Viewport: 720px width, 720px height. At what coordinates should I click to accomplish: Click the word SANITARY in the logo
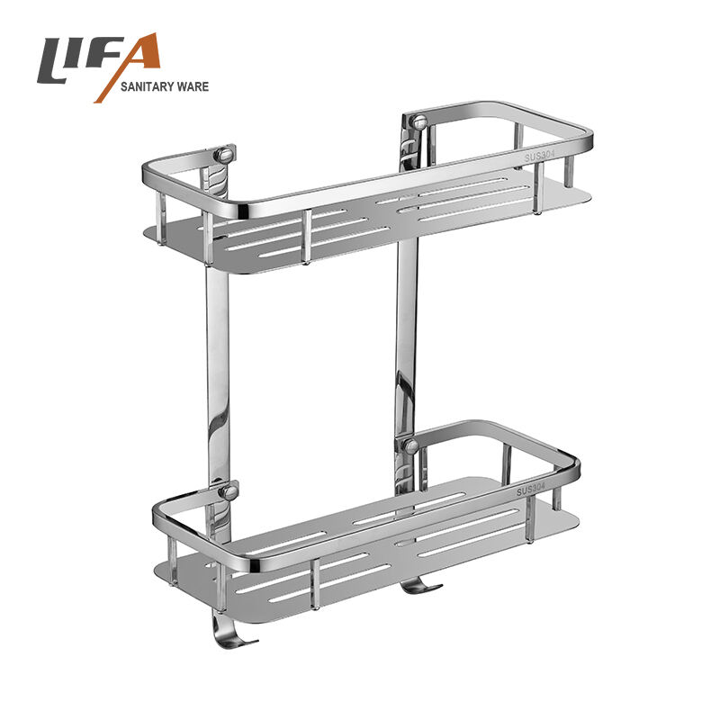pyautogui.click(x=148, y=86)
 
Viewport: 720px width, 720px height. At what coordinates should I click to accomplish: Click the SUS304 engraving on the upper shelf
pyautogui.click(x=540, y=157)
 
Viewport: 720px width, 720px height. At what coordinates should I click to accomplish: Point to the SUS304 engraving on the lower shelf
pyautogui.click(x=531, y=490)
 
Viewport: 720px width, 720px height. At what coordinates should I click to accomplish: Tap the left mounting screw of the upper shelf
pyautogui.click(x=224, y=154)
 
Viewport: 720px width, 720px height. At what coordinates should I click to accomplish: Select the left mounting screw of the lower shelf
pyautogui.click(x=229, y=492)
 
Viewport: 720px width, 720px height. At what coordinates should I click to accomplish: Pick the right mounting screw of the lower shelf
pyautogui.click(x=409, y=445)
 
